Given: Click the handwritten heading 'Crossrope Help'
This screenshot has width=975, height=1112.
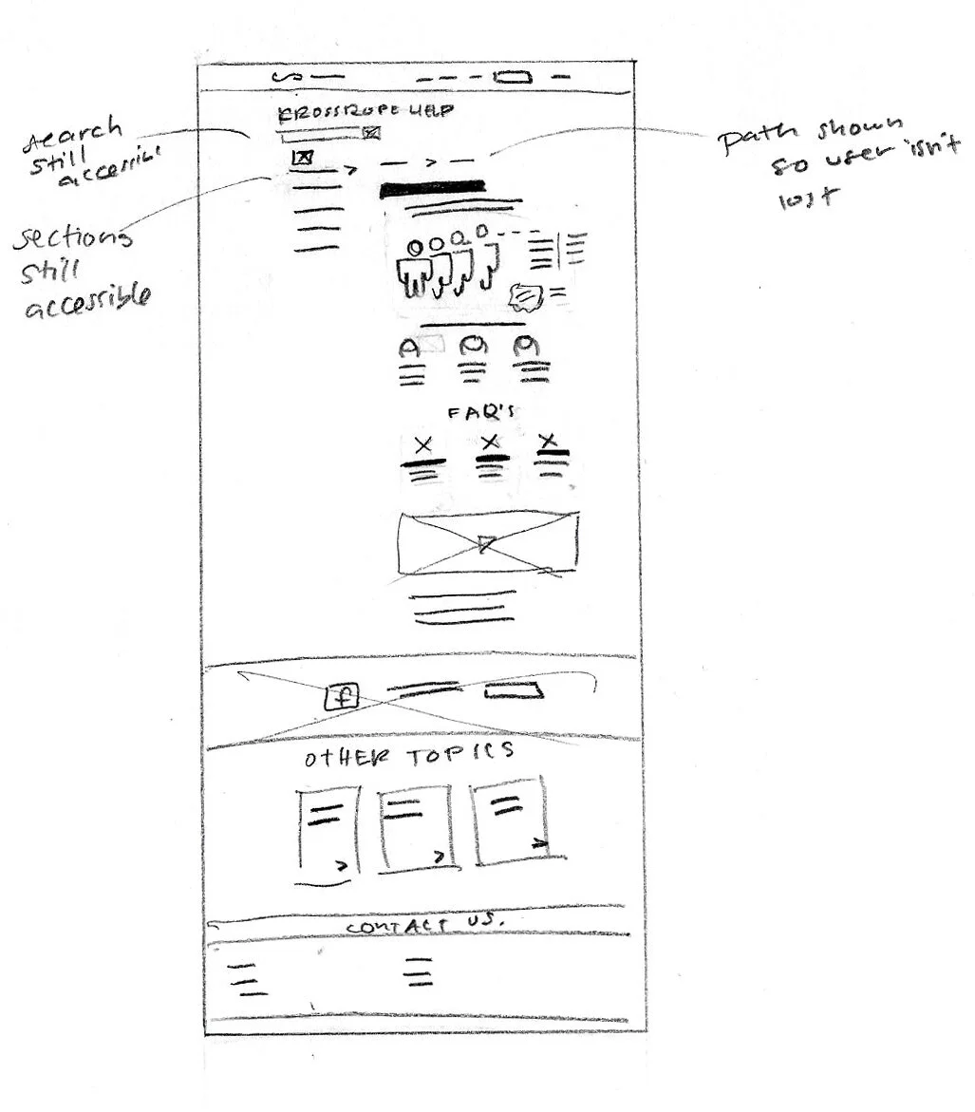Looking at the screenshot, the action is click(x=365, y=112).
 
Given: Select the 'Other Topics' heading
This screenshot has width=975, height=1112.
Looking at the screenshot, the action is click(x=409, y=755).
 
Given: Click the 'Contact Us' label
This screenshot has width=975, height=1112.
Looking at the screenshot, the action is click(x=424, y=925).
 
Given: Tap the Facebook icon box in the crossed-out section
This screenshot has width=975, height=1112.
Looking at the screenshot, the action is click(x=341, y=698).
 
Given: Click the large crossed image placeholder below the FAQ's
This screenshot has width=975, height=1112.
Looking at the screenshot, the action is click(x=488, y=543).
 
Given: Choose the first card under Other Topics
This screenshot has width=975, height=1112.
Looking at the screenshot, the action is click(x=328, y=830).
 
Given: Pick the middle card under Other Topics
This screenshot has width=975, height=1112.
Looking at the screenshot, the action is click(x=415, y=826).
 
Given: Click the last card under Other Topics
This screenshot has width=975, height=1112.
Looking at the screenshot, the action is click(x=511, y=820).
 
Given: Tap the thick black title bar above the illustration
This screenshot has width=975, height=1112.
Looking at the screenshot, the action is click(x=433, y=189).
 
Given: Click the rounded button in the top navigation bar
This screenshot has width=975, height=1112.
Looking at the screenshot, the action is click(x=513, y=77).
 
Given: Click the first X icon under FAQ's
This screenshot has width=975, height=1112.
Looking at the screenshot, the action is click(x=423, y=443).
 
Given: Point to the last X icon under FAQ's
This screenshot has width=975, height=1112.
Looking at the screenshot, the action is click(x=548, y=441).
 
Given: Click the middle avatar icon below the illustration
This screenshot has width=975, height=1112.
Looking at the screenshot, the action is click(x=472, y=349).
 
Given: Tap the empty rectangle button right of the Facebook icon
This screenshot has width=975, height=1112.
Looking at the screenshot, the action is click(x=514, y=691).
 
